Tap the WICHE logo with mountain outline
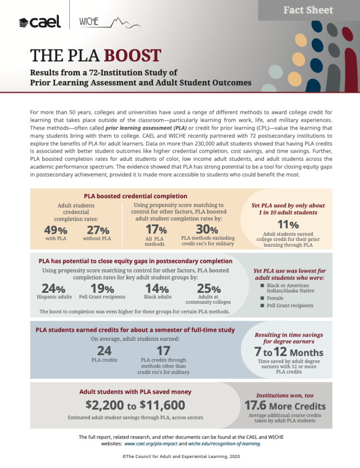[x=110, y=22]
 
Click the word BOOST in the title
[x=132, y=55]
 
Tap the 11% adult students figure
[x=288, y=224]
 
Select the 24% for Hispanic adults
[x=53, y=289]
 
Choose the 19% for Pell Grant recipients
[x=102, y=289]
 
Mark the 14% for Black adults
[x=157, y=289]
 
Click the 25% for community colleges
[x=209, y=289]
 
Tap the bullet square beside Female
[x=262, y=298]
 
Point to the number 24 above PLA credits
[x=104, y=351]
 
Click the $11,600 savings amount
[x=163, y=405]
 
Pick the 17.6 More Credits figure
[x=285, y=405]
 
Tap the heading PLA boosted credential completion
[x=135, y=196]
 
